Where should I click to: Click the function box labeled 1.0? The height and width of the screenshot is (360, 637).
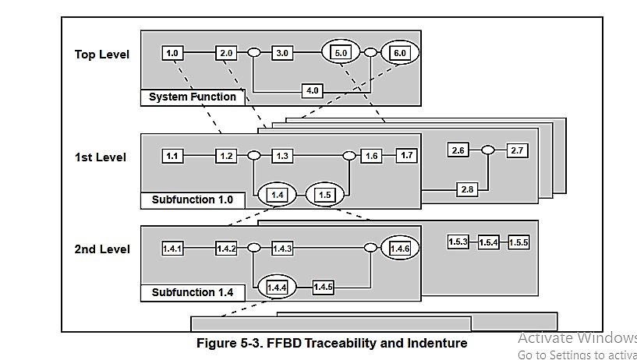173,53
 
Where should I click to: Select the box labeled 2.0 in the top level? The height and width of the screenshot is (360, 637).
226,53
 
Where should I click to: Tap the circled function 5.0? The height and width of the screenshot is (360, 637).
341,53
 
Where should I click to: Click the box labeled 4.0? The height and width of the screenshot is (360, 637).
313,90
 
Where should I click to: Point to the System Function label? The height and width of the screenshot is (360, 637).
193,97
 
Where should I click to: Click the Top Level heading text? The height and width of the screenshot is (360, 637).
102,54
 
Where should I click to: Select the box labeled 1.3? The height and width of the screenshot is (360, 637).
282,156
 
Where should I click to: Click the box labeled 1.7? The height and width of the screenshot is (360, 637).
406,156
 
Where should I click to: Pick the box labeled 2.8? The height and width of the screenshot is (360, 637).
467,188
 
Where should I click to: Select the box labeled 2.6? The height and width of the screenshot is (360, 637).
458,150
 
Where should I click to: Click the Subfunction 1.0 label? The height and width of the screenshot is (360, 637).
193,199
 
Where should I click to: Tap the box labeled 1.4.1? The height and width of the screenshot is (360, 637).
173,249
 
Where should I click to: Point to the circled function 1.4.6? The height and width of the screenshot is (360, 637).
400,249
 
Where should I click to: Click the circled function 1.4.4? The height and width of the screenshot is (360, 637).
278,288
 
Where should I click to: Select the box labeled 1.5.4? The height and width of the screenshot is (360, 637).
489,242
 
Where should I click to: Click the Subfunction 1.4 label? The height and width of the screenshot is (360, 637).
193,293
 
